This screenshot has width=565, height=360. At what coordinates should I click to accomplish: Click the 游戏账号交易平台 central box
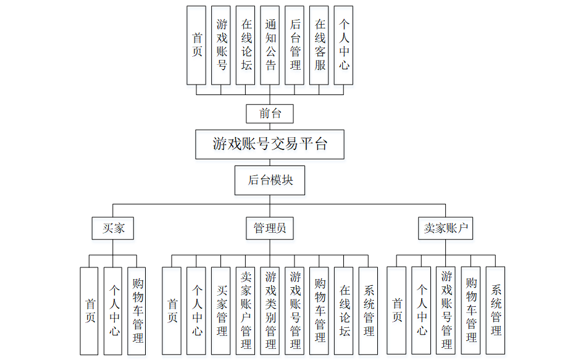(270, 144)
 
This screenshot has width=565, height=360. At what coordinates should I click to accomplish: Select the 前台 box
(269, 114)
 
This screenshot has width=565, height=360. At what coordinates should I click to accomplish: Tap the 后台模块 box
(270, 180)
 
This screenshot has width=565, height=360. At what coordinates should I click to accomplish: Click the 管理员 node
(270, 228)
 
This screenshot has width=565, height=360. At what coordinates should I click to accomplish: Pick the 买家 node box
(113, 228)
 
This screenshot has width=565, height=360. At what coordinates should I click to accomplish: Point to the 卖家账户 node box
(445, 228)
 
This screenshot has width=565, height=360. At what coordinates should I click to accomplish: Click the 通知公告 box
(270, 45)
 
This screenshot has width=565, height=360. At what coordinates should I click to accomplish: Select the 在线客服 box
(319, 45)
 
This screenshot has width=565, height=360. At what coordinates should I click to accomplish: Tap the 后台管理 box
(295, 45)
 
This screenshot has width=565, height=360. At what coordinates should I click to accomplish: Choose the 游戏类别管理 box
(270, 311)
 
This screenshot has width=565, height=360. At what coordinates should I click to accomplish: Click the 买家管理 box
(221, 311)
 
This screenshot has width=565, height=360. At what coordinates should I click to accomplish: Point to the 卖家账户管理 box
(246, 311)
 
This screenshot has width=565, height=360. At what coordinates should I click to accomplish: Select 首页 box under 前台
(196, 45)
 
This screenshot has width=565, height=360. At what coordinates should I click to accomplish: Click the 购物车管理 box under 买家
(137, 311)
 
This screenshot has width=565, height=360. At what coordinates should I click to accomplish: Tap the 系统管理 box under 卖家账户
(495, 311)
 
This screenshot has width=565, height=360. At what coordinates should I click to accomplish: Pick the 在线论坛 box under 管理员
(344, 311)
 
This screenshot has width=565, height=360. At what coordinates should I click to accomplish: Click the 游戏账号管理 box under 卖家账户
(446, 311)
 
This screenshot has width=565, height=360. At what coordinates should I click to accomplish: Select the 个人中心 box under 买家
(113, 311)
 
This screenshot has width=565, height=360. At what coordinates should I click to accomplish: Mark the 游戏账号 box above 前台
(221, 45)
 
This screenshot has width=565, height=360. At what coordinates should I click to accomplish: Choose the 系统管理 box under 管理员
(369, 311)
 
